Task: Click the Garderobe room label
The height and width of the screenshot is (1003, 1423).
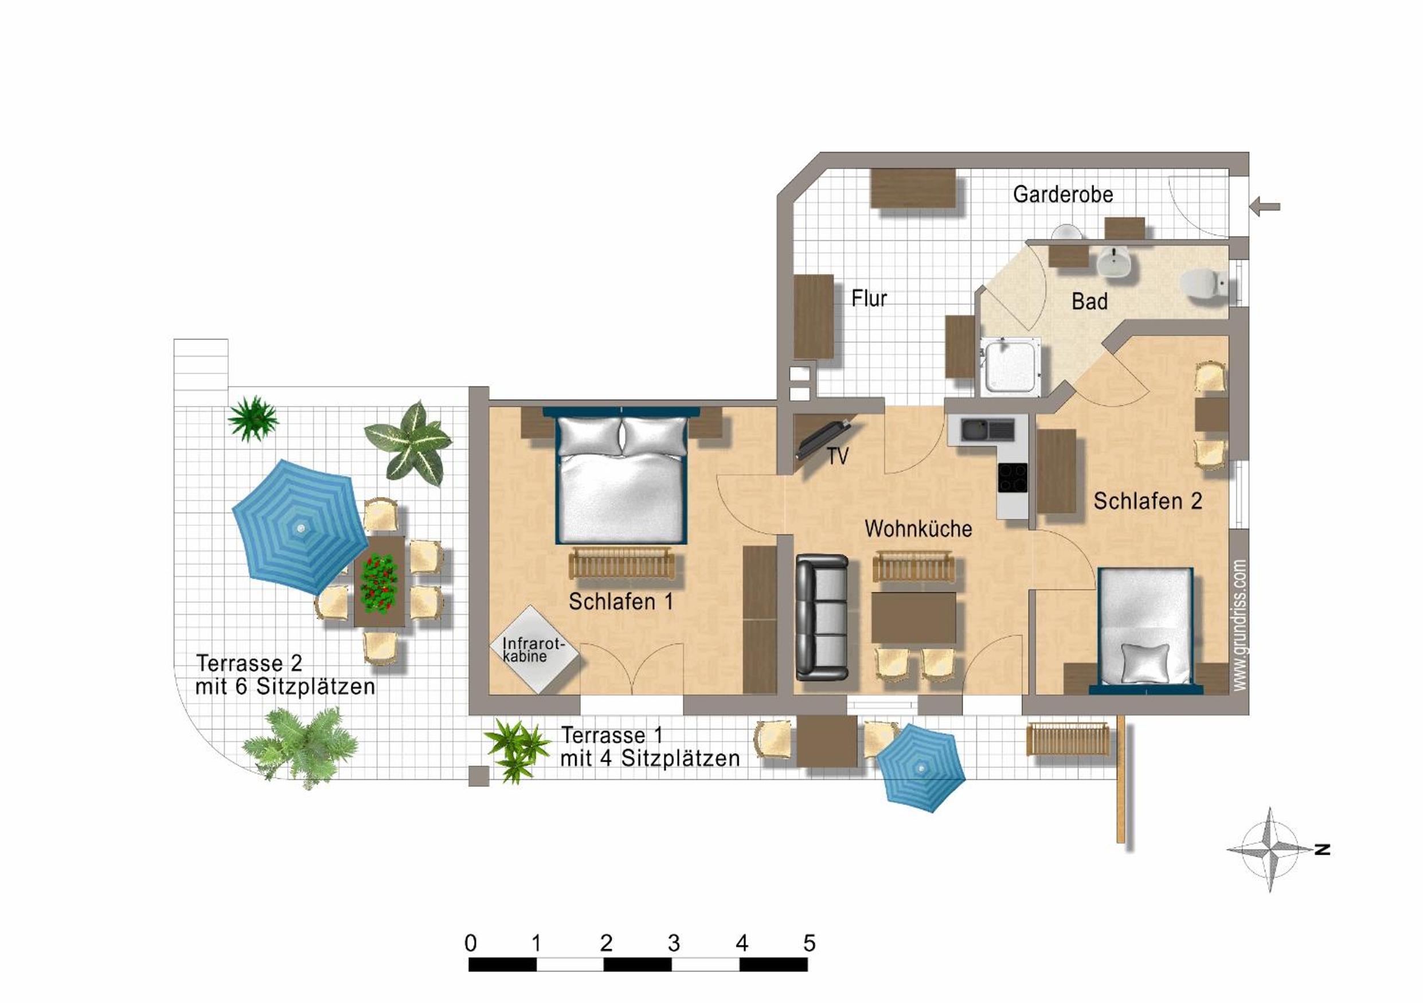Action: (1063, 194)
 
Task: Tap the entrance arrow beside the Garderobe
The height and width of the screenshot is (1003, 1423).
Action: (1264, 206)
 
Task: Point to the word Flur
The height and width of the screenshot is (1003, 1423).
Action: (869, 298)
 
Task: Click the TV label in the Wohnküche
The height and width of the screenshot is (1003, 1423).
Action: (837, 457)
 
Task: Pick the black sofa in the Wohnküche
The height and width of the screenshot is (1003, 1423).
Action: (822, 617)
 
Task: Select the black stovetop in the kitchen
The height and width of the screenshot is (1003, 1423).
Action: (1012, 478)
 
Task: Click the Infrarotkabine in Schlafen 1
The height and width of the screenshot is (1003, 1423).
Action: (534, 649)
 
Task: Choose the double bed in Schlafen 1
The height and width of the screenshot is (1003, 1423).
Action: (621, 475)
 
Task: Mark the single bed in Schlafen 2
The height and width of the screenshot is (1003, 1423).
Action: (1146, 630)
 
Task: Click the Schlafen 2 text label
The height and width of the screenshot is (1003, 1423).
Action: (1148, 501)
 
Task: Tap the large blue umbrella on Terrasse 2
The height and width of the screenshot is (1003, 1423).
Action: (300, 528)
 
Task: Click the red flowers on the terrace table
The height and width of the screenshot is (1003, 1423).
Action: (378, 583)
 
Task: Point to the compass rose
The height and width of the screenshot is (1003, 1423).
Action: (1270, 849)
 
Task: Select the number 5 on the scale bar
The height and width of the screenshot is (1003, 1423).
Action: (809, 943)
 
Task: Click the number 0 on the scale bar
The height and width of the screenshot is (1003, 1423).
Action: (470, 943)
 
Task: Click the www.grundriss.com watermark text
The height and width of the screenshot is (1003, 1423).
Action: (1239, 625)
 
